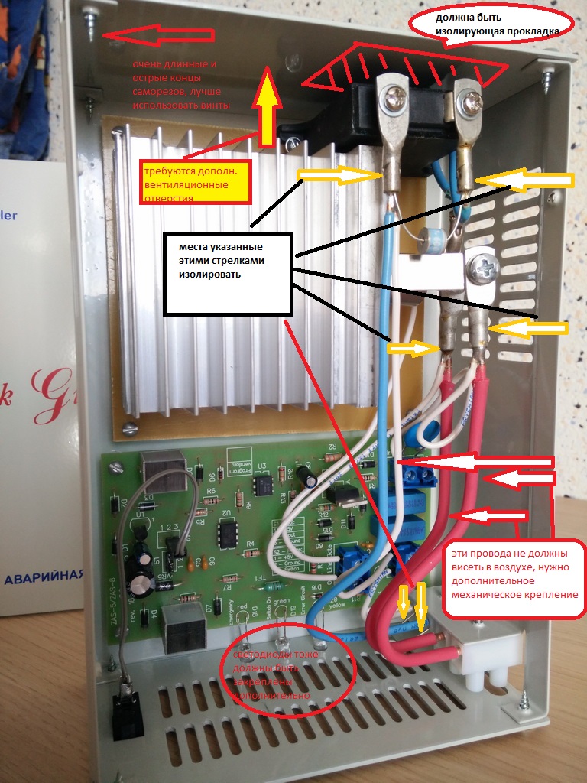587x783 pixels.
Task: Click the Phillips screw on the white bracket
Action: coord(483,267)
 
